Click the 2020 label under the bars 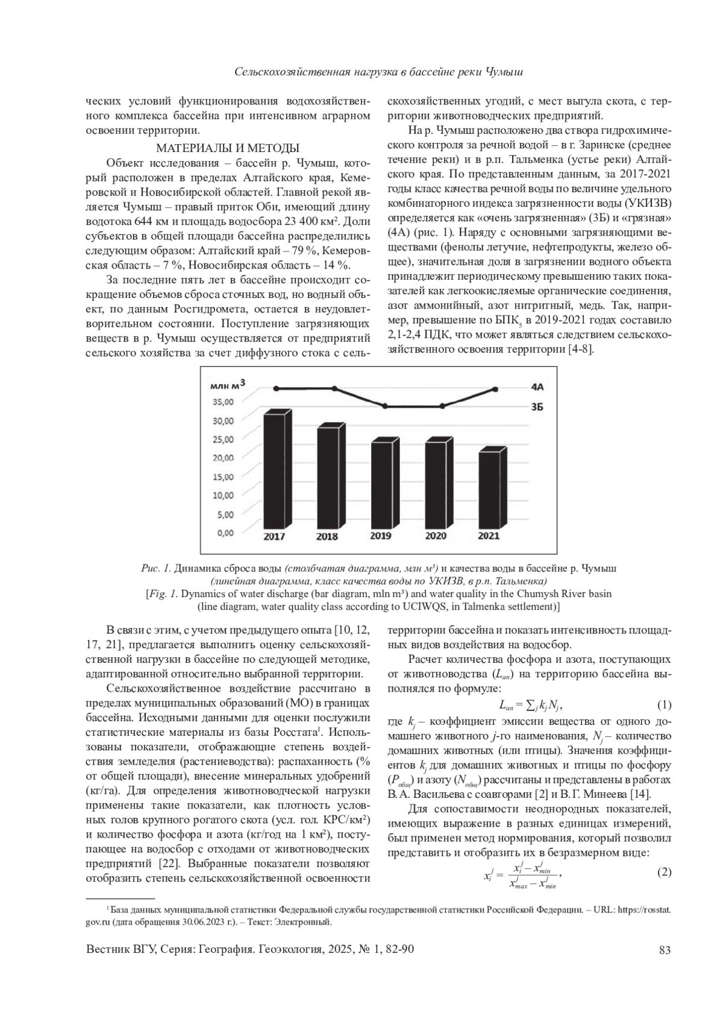[435, 536]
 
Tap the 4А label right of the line [537, 388]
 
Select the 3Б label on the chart [537, 407]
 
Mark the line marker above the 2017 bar [275, 388]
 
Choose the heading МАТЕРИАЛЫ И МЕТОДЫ [228, 148]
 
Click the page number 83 [665, 950]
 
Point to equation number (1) [663, 705]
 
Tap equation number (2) [663, 872]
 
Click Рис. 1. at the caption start [155, 569]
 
